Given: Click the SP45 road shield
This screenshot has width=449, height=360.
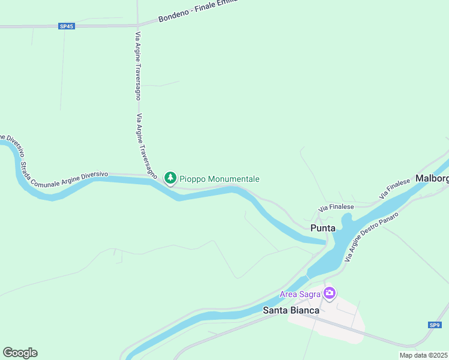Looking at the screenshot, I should pos(67,26).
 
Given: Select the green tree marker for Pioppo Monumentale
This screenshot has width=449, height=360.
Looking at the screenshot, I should pos(170,178).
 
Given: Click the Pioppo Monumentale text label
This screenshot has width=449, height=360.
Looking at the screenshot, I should pos(220,179).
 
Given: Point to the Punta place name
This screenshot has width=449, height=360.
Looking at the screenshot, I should pos(323,228).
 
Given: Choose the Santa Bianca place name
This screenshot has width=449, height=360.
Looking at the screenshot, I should pos(291,310).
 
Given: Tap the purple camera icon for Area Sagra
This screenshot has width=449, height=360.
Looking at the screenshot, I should pos(330,293).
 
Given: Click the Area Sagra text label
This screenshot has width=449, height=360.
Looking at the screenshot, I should pos(300,294).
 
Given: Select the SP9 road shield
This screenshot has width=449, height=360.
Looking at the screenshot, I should pos(435,325).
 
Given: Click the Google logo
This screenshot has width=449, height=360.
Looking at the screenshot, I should pos(20,352).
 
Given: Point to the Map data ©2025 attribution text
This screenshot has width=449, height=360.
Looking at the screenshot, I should pos(424,355).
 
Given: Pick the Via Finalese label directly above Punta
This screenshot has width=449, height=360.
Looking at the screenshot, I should pos(336,207).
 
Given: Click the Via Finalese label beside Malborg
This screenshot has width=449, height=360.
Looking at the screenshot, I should pos(394,188).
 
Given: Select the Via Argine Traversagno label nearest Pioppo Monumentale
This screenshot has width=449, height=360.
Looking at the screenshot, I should pos(147,147).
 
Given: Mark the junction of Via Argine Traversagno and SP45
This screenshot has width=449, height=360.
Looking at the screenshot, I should pos(138,25).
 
